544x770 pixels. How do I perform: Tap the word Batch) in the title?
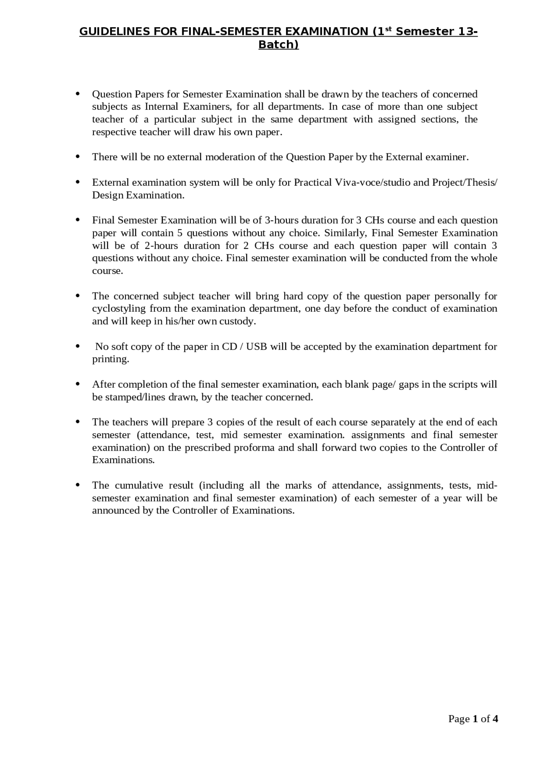tap(278, 44)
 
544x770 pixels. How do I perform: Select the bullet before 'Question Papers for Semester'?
tap(78, 94)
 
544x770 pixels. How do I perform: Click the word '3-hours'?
tap(281, 220)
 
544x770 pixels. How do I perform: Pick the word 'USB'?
tap(257, 347)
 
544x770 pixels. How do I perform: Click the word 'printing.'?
tap(110, 359)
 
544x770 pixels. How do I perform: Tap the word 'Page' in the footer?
tap(459, 719)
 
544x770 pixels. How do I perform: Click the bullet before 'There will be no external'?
tap(78, 157)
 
